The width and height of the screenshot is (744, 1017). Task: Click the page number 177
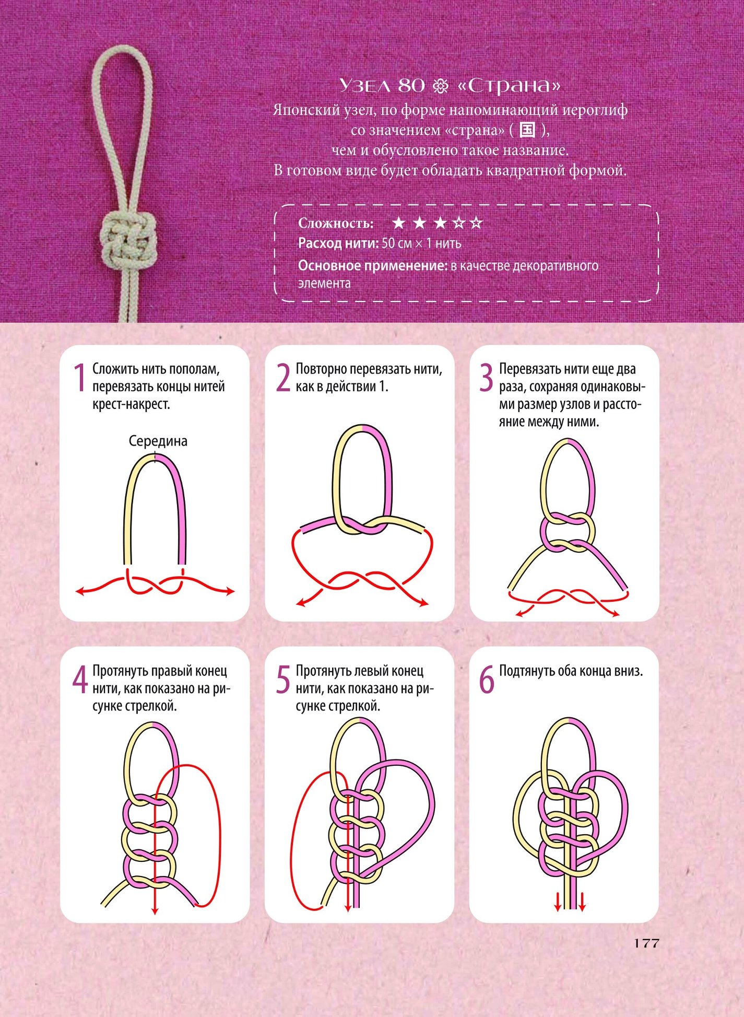(x=647, y=943)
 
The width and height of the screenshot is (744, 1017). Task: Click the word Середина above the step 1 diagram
(x=158, y=441)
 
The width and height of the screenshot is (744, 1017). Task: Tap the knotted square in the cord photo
(x=128, y=239)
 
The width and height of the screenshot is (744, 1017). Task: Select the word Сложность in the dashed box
(x=336, y=224)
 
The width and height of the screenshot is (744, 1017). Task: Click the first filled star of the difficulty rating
(x=399, y=223)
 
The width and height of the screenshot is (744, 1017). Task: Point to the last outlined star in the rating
(x=476, y=223)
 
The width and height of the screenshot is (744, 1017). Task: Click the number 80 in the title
(x=411, y=85)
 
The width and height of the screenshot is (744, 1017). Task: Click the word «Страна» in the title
(x=509, y=86)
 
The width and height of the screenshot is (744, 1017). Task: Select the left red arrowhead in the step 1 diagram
(x=80, y=591)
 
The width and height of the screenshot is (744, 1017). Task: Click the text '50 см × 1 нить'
(x=421, y=243)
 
